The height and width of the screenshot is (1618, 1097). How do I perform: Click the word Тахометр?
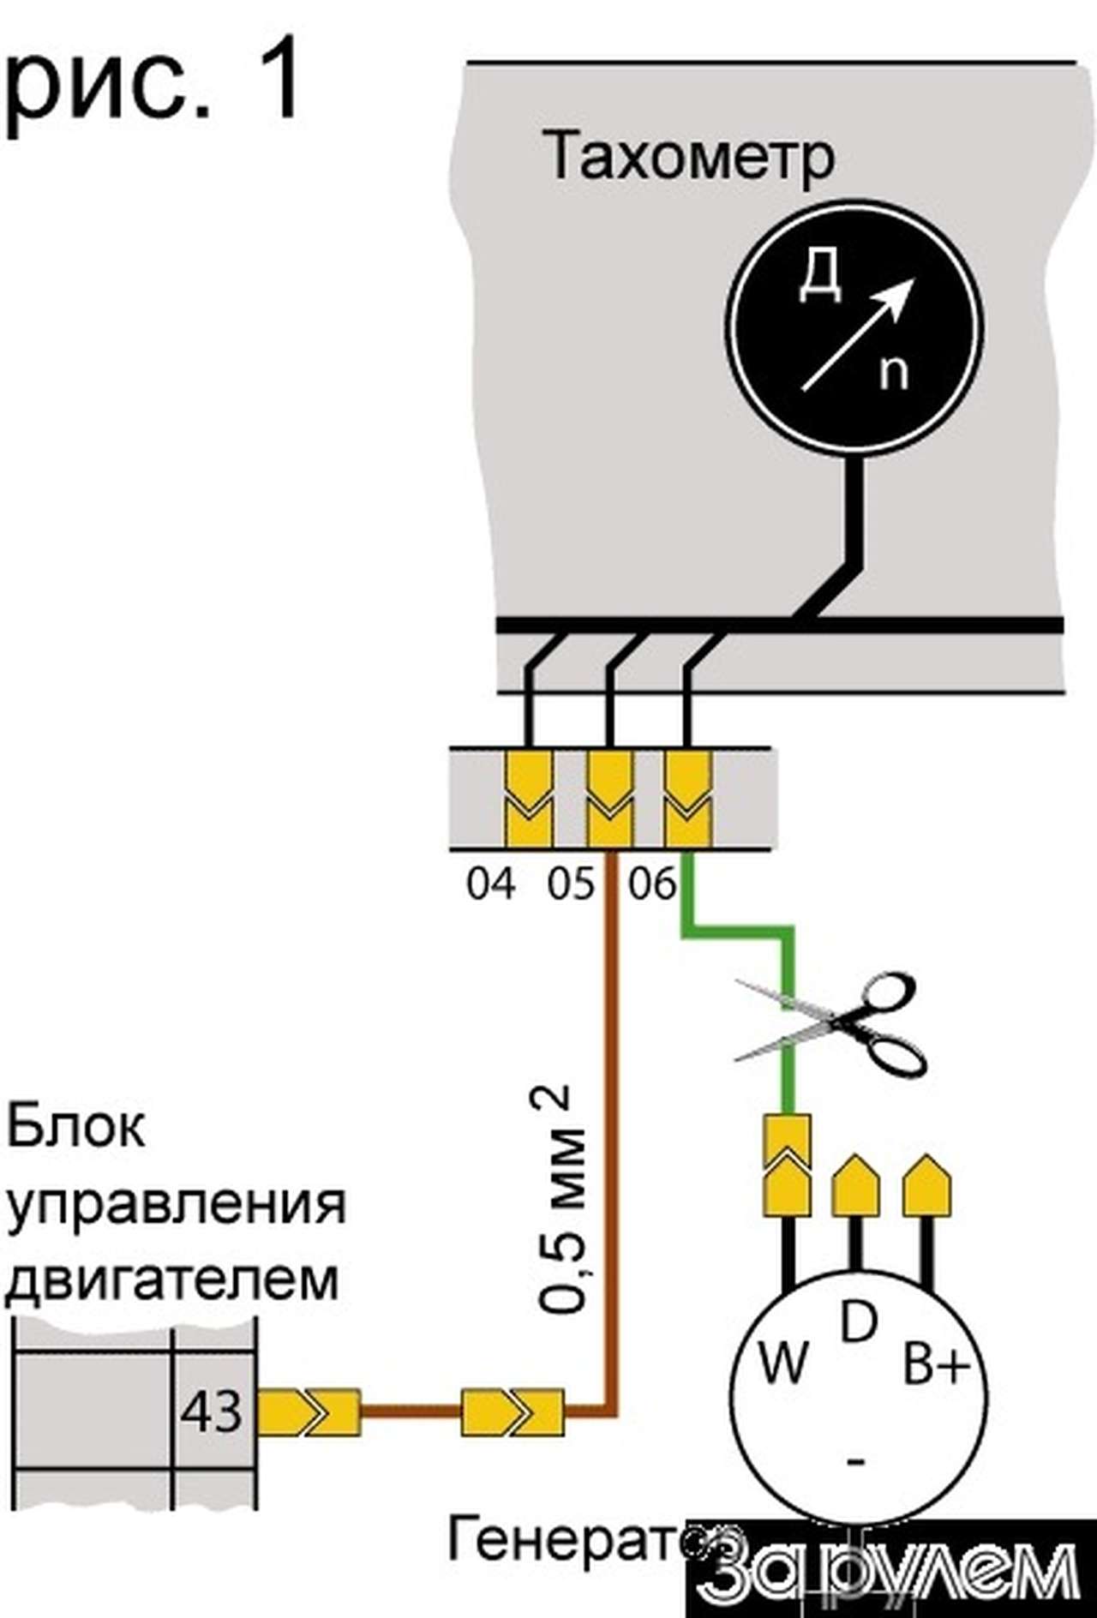point(690,156)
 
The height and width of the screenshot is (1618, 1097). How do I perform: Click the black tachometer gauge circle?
point(854,329)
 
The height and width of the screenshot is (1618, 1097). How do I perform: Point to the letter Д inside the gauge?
point(818,277)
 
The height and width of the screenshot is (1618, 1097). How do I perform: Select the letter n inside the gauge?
point(894,372)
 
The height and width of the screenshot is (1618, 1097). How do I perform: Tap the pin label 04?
point(492,884)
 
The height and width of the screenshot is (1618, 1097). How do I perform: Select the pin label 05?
point(571,884)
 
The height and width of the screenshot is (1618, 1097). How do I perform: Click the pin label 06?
point(651,884)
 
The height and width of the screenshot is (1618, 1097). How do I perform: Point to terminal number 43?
point(211,1411)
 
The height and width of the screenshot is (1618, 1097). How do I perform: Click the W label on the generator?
point(783,1362)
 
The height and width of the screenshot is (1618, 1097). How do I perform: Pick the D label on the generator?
point(858,1322)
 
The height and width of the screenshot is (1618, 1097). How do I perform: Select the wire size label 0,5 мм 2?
point(564,1200)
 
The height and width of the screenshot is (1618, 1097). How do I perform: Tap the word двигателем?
point(171,1279)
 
